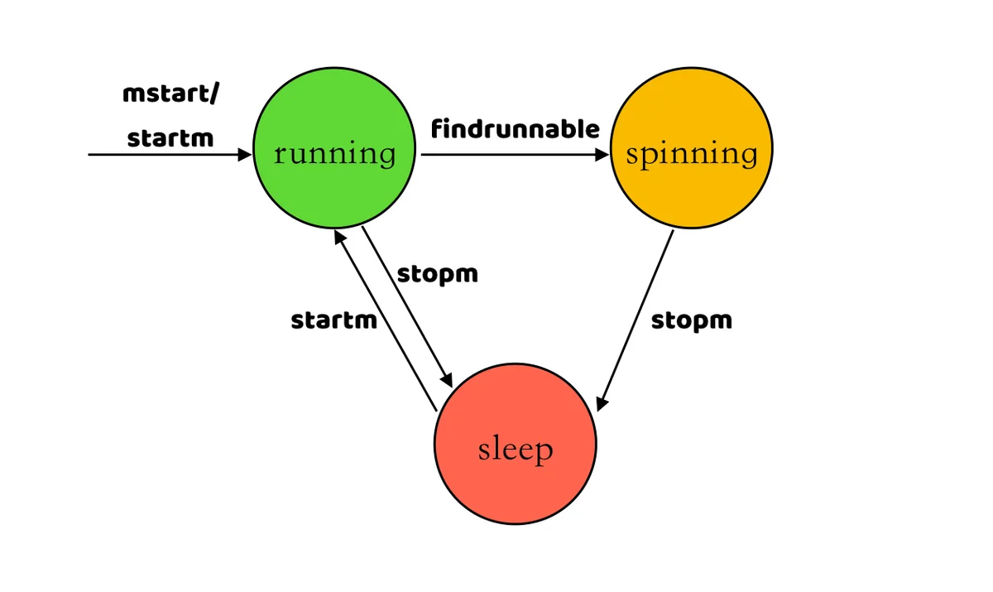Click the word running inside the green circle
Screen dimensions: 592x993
pos(334,153)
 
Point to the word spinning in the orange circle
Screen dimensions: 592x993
pos(691,154)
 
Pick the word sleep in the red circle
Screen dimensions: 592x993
pos(515,450)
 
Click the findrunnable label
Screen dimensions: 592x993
pos(515,129)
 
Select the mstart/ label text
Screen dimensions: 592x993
pos(171,94)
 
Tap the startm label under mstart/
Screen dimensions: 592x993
pos(170,137)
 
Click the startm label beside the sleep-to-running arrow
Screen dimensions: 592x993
pos(333,320)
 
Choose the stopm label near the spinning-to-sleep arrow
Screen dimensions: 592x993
pos(691,320)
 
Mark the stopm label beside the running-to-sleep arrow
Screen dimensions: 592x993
pos(437,274)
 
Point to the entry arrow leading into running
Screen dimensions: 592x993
pos(165,154)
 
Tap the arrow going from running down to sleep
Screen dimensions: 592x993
pos(407,306)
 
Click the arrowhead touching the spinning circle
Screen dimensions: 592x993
pos(602,154)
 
